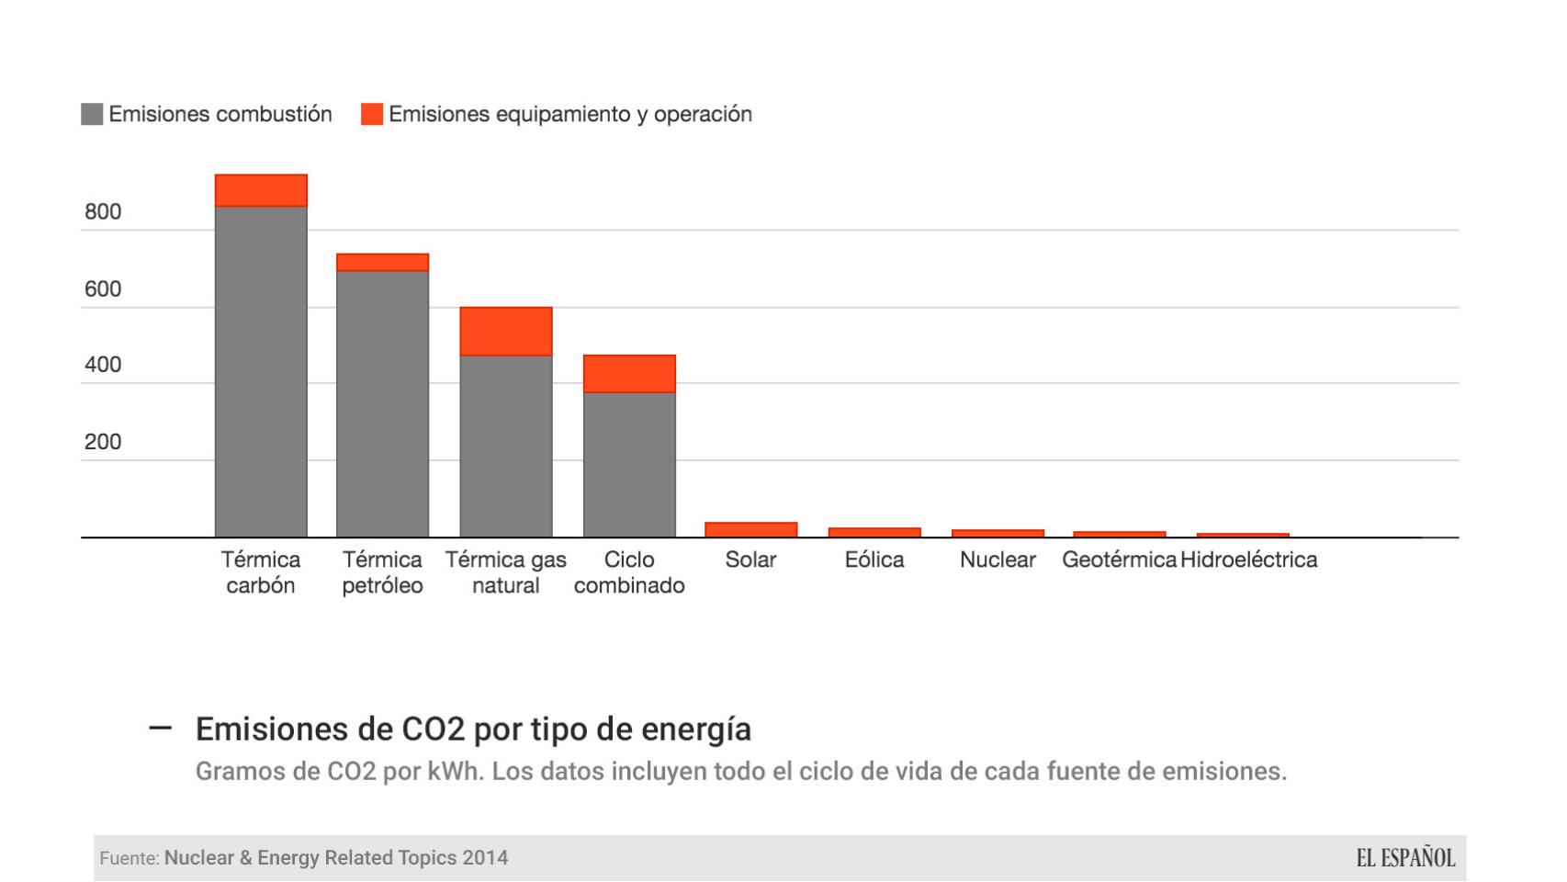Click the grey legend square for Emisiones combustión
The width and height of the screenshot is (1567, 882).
click(92, 114)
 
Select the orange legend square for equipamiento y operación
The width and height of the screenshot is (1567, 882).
click(372, 114)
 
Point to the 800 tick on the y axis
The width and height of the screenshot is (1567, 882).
click(103, 212)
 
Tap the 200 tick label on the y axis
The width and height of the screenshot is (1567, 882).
click(103, 442)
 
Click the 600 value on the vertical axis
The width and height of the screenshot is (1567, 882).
click(103, 289)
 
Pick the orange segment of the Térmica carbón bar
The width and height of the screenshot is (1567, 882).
click(261, 190)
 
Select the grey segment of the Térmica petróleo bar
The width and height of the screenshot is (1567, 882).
click(382, 404)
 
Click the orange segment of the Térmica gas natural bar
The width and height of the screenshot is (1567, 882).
click(506, 332)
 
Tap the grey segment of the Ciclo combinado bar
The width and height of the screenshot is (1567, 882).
click(629, 465)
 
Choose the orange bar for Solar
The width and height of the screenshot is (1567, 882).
click(751, 530)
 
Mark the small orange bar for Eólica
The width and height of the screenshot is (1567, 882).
click(874, 533)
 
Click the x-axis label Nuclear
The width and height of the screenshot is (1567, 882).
click(998, 560)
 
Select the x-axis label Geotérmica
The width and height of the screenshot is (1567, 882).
click(1119, 560)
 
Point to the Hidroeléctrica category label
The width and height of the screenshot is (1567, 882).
click(1248, 560)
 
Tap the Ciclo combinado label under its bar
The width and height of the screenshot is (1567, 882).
click(629, 572)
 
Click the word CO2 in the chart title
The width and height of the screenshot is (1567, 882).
click(435, 729)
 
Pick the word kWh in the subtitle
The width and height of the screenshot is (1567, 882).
click(455, 771)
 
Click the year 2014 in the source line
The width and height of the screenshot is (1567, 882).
click(485, 858)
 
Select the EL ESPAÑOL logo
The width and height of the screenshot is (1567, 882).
click(1405, 858)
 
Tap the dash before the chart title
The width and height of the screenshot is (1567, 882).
click(160, 728)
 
